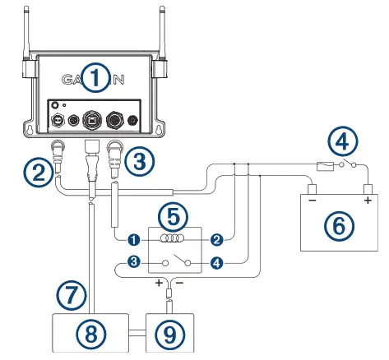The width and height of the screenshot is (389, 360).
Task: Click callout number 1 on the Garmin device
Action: click(96, 79)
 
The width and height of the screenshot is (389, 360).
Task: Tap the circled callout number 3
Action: click(141, 161)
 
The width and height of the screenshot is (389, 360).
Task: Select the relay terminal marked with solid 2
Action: click(216, 239)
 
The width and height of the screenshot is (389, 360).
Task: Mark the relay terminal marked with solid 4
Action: click(216, 263)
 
